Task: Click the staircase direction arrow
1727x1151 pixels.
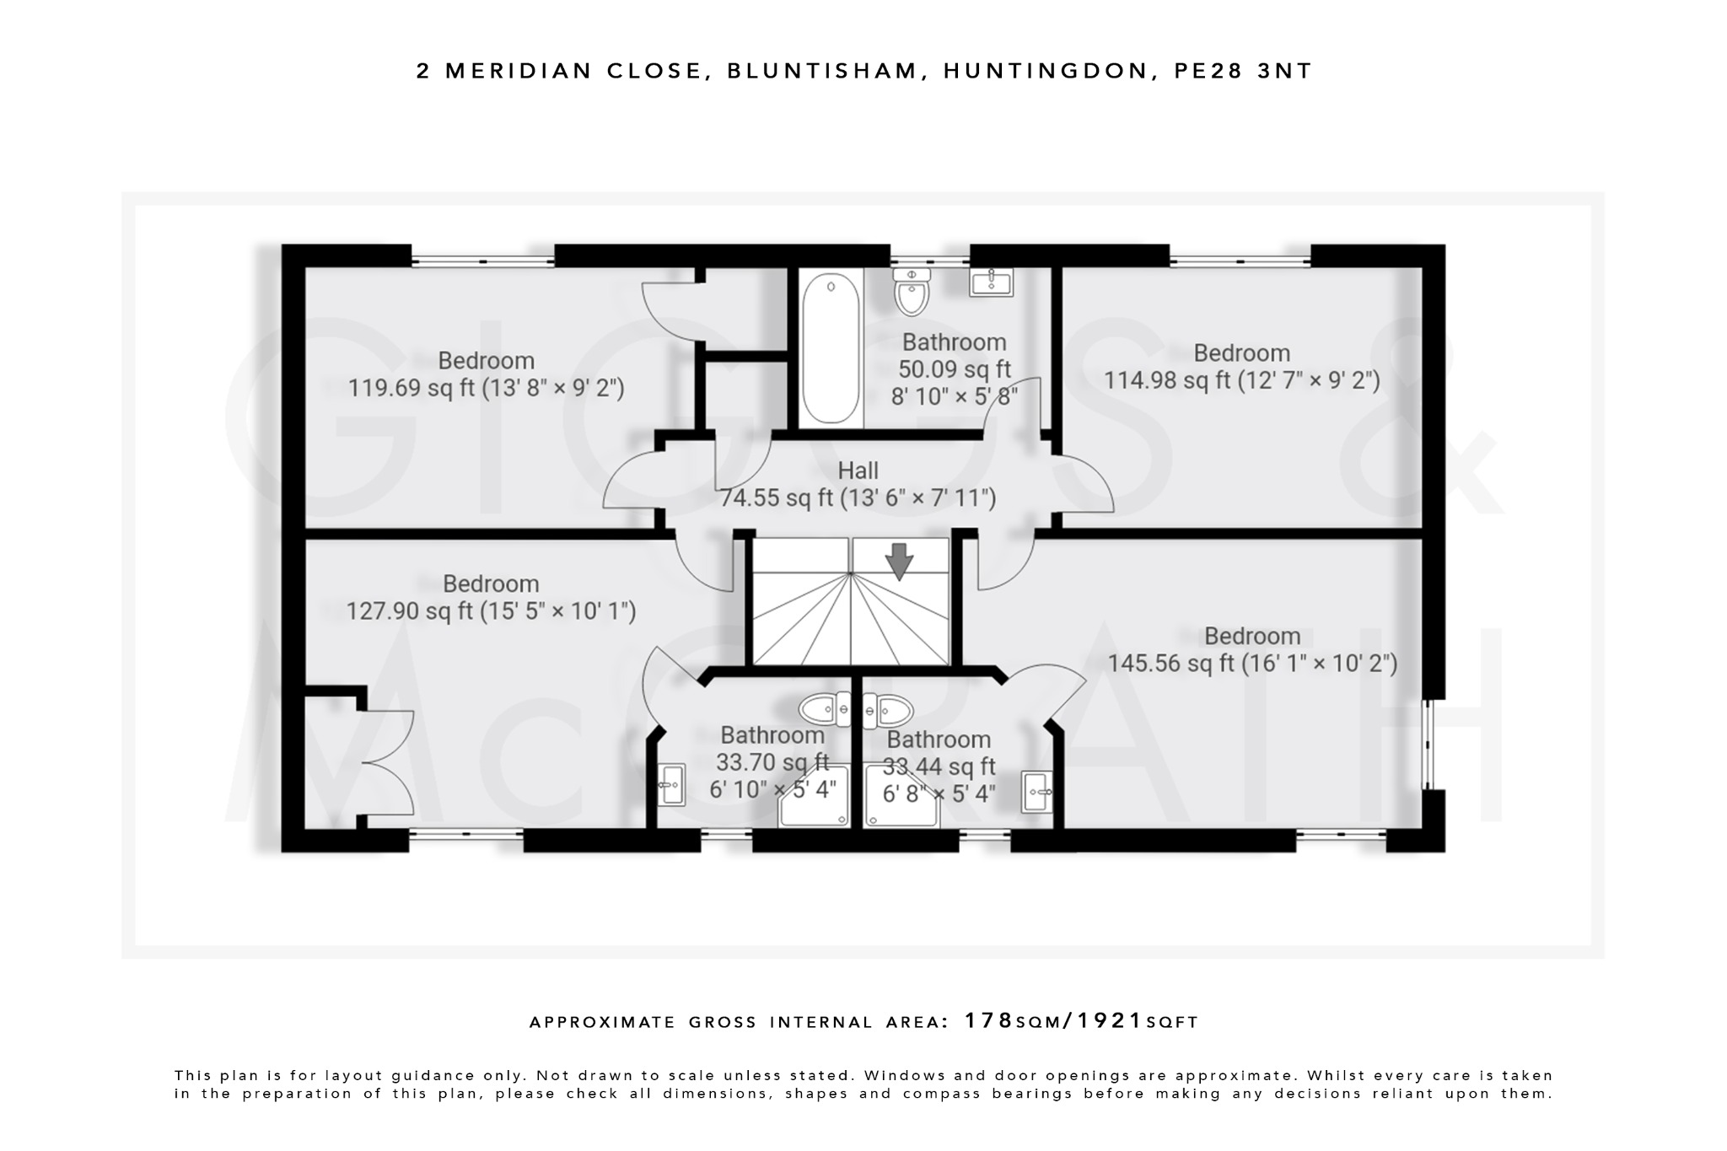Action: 900,562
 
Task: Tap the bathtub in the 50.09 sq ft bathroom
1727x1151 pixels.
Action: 831,350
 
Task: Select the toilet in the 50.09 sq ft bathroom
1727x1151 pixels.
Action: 912,291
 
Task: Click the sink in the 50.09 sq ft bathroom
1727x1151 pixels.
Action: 991,282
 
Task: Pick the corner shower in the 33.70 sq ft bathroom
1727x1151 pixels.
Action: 815,797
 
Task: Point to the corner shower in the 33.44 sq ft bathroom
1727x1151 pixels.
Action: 901,797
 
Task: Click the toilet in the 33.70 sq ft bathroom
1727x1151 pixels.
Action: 824,709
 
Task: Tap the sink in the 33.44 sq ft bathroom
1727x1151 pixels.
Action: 1036,791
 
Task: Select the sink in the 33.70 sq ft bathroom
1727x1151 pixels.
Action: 670,784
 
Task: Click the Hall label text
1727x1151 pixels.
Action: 858,471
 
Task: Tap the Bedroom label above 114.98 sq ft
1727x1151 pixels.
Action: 1241,352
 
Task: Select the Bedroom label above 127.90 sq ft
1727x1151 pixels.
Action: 491,584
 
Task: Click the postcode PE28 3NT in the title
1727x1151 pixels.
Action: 1243,71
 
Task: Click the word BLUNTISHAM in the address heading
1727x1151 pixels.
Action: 821,71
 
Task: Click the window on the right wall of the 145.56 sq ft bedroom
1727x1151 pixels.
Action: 1427,744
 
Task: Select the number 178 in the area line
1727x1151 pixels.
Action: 988,1021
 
